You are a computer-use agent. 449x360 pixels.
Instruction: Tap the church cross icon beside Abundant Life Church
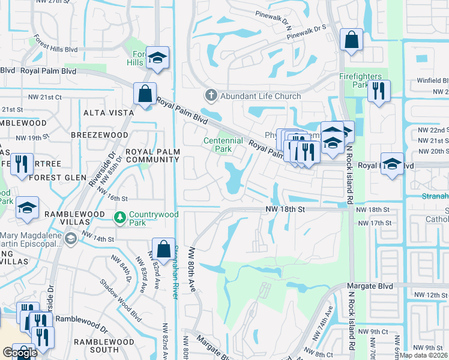211,95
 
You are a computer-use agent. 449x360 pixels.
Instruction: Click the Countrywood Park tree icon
121,215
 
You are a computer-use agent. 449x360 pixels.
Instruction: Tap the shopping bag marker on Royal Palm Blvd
145,94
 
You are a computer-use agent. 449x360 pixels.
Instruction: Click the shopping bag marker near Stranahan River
163,249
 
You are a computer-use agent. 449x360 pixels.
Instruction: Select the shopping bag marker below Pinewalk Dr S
351,40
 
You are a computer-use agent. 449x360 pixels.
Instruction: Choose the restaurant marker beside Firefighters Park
378,91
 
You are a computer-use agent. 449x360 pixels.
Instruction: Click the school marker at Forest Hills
157,58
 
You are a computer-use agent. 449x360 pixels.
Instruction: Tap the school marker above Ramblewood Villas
27,208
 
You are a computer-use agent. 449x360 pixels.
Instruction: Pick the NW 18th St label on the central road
286,208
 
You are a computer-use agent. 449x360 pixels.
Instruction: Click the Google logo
20,353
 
